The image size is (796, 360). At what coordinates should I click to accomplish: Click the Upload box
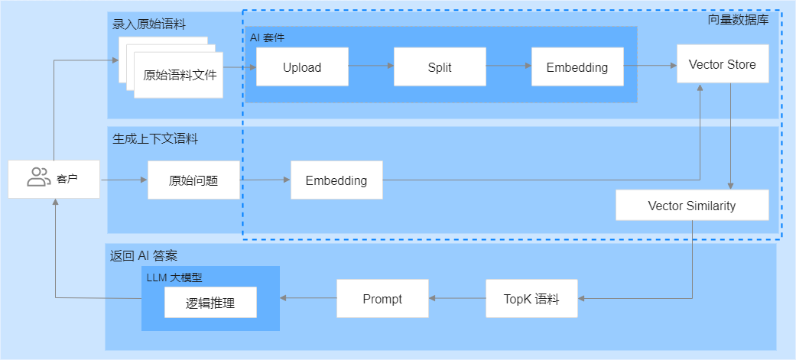click(302, 66)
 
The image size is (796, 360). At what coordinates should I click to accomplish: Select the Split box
click(440, 66)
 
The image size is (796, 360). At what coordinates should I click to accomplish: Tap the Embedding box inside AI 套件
click(577, 66)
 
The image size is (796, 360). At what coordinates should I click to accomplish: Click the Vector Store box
click(723, 63)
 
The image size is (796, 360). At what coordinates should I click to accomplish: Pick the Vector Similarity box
click(692, 205)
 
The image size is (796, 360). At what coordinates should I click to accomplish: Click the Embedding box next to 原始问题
click(336, 180)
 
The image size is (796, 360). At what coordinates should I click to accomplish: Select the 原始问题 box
click(193, 180)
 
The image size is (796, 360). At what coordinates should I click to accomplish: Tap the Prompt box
click(383, 299)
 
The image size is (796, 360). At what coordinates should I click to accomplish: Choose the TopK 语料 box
click(531, 299)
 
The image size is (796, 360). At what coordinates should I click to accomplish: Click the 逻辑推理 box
click(210, 303)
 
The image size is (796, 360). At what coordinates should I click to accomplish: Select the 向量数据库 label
click(738, 21)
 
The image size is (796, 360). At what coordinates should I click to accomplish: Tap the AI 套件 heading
click(267, 38)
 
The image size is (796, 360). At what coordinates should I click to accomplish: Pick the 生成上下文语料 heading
click(154, 138)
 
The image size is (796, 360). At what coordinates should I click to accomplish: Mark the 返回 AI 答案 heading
click(144, 255)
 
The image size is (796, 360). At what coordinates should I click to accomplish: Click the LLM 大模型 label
click(174, 277)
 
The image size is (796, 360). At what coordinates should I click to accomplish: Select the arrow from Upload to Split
click(371, 66)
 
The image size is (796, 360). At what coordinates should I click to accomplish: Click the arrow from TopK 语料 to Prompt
click(457, 299)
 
